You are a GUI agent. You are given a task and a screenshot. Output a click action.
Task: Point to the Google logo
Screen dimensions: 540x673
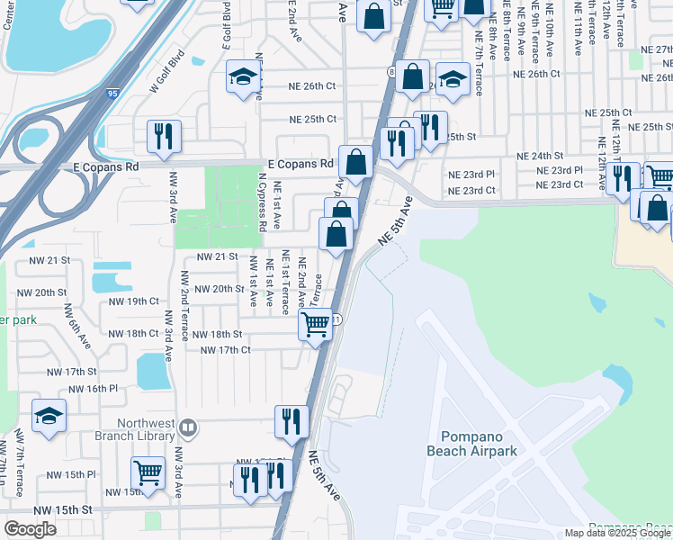30,529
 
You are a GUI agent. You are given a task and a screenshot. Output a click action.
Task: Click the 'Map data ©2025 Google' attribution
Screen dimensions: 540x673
617,534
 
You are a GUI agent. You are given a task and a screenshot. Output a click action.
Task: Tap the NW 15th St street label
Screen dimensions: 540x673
62,509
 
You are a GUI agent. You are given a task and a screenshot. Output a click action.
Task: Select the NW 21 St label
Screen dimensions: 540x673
216,257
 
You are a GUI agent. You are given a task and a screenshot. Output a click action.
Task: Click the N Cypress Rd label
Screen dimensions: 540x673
262,204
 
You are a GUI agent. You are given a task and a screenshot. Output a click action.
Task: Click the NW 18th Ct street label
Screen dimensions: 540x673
133,333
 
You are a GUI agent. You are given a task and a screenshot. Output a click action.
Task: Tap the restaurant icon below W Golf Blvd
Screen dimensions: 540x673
164,136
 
